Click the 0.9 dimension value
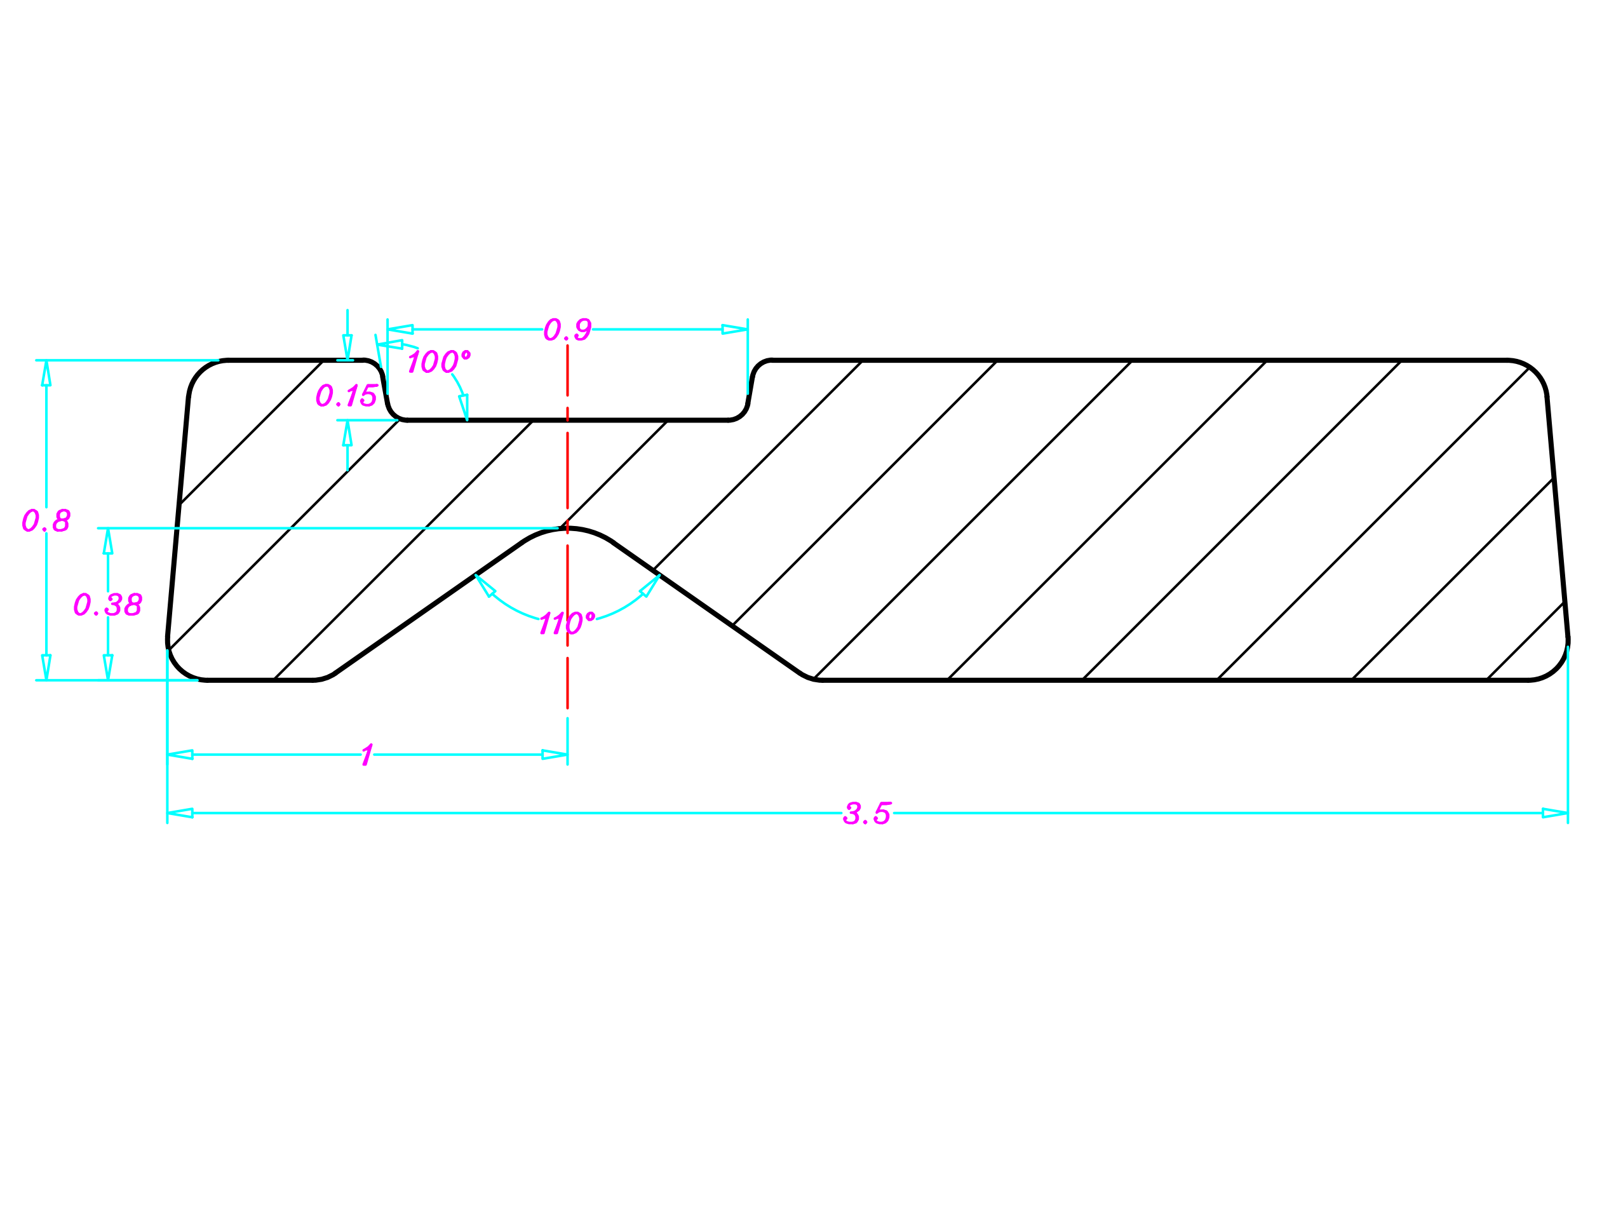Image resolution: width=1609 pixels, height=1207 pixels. click(567, 330)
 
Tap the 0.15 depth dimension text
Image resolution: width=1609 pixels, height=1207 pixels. click(346, 396)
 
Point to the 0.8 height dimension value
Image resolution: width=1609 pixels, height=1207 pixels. click(46, 520)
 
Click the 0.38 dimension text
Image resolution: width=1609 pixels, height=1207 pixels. click(107, 605)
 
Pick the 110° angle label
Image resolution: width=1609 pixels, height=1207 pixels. click(567, 623)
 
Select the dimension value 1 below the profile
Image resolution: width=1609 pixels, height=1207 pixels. click(367, 755)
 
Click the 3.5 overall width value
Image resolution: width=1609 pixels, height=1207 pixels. click(867, 813)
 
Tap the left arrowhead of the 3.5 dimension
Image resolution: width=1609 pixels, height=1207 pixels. click(180, 813)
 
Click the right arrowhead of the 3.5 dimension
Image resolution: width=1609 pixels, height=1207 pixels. click(1555, 813)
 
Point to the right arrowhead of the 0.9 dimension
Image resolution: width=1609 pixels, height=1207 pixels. click(735, 330)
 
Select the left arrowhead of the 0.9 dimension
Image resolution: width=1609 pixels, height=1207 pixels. click(401, 330)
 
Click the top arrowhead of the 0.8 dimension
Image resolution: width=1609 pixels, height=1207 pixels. click(46, 374)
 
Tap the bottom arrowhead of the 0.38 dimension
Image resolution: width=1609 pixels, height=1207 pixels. click(107, 667)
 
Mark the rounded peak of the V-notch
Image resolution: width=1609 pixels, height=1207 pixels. click(568, 529)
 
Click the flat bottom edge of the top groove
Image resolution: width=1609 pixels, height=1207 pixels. click(567, 421)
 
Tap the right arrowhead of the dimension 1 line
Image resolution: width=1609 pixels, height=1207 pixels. click(555, 755)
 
